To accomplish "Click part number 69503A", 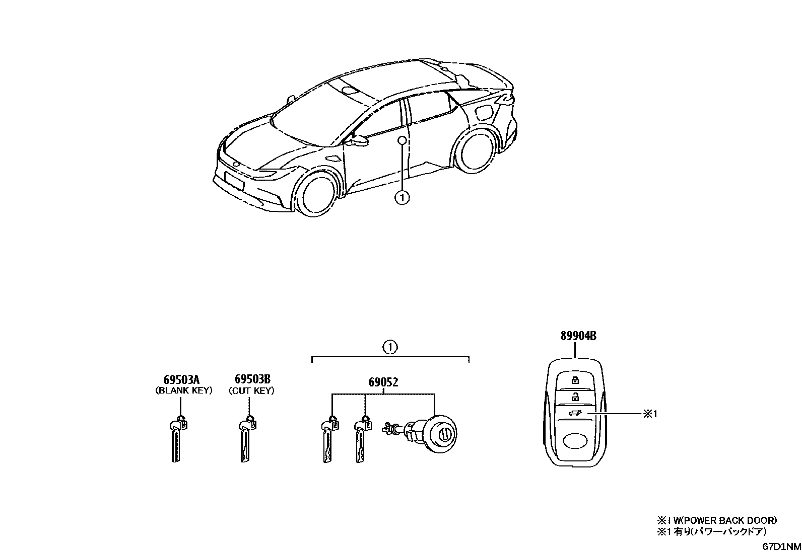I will tap(180, 379).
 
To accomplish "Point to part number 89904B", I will tap(578, 336).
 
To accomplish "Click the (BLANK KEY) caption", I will tap(183, 390).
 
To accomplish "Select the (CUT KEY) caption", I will tap(251, 390).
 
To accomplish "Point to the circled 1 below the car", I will tap(402, 198).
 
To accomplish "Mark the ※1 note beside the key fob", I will tap(650, 414).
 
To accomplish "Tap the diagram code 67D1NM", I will tap(781, 546).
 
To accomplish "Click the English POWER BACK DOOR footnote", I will tap(716, 520).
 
